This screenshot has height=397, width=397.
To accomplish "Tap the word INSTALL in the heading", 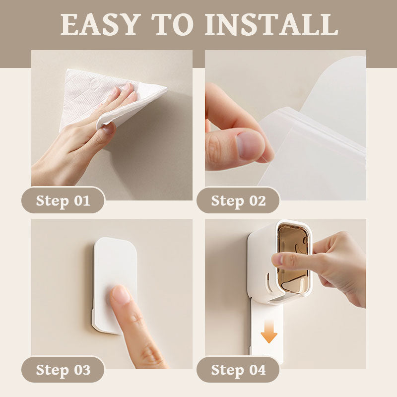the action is tap(271, 24).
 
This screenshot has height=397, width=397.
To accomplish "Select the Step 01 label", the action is tap(63, 200).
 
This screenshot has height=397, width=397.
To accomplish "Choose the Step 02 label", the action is tap(238, 200).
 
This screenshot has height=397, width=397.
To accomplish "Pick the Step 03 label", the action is tap(63, 369).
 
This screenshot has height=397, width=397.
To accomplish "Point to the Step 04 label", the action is tap(238, 369).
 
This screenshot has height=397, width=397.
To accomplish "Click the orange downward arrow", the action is tap(269, 331).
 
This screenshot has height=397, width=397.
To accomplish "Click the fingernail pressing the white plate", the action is tap(121, 294).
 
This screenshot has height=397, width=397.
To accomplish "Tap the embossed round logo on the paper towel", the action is tap(94, 83).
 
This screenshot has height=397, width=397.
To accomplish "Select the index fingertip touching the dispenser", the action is tap(278, 260).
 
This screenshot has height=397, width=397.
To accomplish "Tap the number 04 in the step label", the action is tap(258, 370).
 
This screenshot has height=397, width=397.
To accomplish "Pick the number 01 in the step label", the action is tap(82, 200).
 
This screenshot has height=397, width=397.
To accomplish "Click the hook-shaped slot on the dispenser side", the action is tap(269, 283).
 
